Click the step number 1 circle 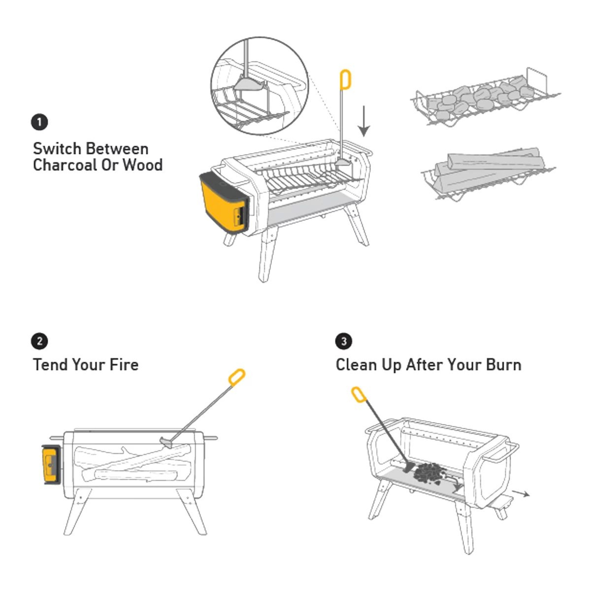pyautogui.click(x=39, y=122)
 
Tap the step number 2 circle pyautogui.click(x=39, y=341)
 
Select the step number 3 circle pyautogui.click(x=343, y=341)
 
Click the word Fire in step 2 pyautogui.click(x=124, y=365)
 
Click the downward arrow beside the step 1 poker pyautogui.click(x=364, y=121)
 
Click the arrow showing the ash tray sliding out pyautogui.click(x=521, y=493)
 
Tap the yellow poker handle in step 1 pyautogui.click(x=346, y=79)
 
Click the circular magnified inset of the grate pyautogui.click(x=260, y=86)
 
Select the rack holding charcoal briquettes pyautogui.click(x=486, y=98)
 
